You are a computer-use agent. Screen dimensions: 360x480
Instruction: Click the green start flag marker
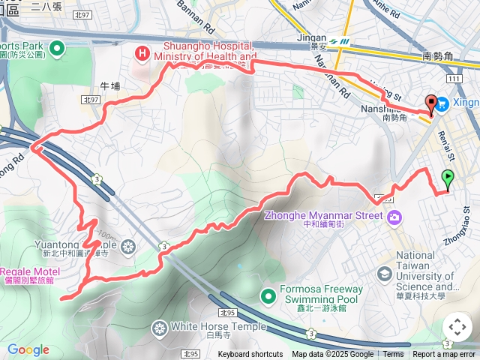coord(448,178)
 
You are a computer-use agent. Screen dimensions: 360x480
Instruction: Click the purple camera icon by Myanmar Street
coord(394,217)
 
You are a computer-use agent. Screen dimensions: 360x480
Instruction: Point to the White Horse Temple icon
coord(159,327)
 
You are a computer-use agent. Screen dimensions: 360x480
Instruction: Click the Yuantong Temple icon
coord(129,245)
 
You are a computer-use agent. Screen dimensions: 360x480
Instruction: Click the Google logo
coord(28,350)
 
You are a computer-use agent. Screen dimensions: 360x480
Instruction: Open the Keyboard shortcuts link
coord(250,355)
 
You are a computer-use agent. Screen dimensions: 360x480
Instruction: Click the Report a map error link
coord(443,355)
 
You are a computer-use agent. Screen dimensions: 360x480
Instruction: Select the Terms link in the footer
coord(393,355)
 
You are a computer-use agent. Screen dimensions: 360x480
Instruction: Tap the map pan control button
coord(457,327)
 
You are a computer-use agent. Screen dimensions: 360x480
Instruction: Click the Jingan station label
coord(312,37)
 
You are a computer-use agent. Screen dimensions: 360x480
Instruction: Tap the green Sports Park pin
coord(57,49)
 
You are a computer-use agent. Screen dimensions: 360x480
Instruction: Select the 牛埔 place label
coord(109,85)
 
